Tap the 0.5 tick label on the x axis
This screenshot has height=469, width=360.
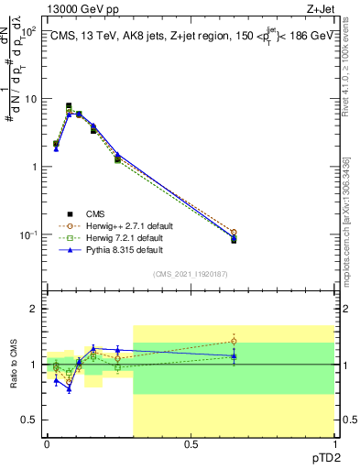(191, 444)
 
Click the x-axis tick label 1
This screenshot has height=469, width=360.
(334, 444)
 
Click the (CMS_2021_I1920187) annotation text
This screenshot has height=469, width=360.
(191, 275)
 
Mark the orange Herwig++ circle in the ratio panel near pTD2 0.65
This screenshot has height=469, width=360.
(234, 341)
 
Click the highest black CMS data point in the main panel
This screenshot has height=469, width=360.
(69, 106)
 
